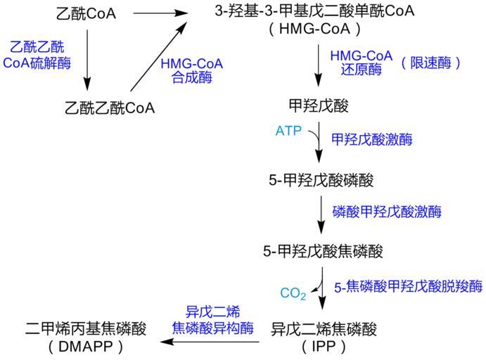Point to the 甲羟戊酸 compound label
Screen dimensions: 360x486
tap(319, 106)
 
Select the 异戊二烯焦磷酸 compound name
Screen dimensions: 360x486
tap(324, 328)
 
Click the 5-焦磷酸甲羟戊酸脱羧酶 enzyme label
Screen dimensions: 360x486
tap(408, 286)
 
